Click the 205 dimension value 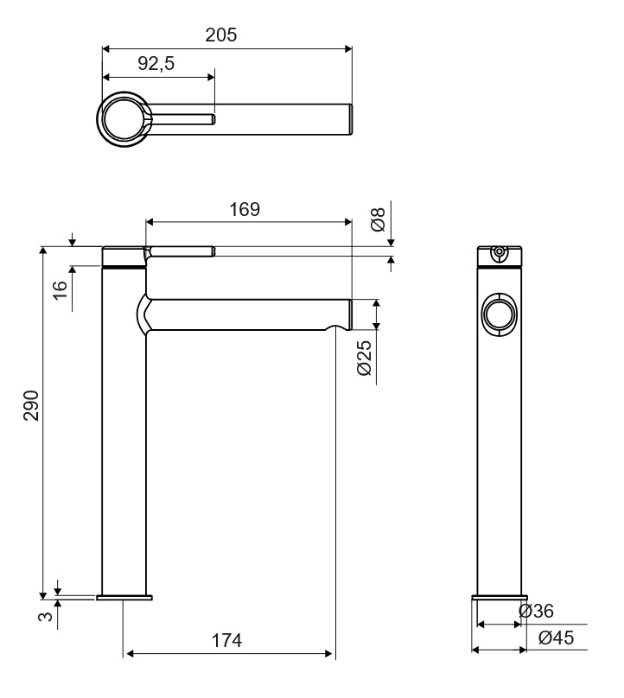click(221, 35)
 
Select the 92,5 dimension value click(156, 64)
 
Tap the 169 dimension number click(245, 209)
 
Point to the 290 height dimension click(32, 405)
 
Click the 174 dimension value click(226, 641)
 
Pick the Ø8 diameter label click(378, 219)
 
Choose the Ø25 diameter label click(364, 358)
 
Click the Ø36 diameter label click(536, 611)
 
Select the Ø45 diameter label click(557, 638)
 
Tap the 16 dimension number click(60, 289)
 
